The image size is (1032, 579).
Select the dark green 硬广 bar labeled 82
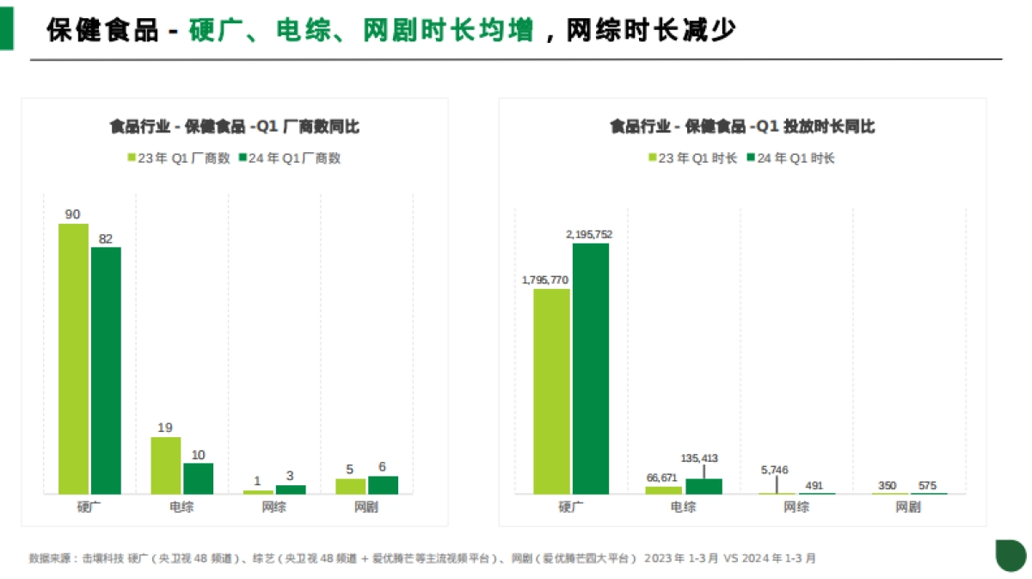click(106, 370)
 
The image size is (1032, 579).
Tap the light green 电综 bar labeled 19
click(166, 465)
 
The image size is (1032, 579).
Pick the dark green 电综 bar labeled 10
click(198, 478)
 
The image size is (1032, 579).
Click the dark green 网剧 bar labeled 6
click(383, 484)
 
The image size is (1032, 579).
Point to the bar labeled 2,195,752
click(591, 368)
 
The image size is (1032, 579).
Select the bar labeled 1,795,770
click(551, 391)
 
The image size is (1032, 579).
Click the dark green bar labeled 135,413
click(703, 486)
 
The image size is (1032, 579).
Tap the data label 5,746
click(774, 470)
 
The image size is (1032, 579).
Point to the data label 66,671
click(662, 477)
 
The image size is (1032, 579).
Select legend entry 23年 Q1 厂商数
click(178, 158)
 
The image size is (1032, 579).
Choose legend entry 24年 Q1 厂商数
click(289, 158)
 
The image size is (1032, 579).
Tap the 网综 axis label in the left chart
click(274, 507)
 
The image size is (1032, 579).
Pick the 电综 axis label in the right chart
click(683, 507)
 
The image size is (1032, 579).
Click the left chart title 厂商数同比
click(234, 126)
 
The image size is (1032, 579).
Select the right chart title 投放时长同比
click(741, 126)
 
